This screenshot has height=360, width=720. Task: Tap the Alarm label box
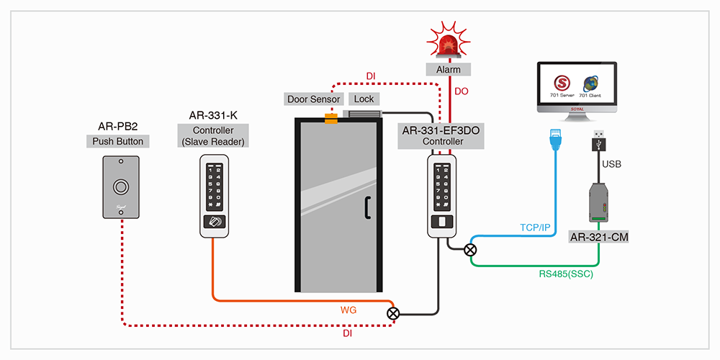pos(448,70)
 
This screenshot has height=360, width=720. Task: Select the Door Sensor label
pos(314,99)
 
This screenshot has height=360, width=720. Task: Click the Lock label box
pos(363,99)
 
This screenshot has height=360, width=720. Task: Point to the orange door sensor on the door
pos(330,117)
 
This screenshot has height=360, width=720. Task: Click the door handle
pos(367,207)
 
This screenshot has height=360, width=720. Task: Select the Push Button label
pos(118,141)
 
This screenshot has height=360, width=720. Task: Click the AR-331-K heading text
pos(213,115)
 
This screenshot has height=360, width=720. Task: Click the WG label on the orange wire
pos(349,310)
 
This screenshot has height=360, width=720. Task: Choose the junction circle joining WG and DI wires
pos(393,313)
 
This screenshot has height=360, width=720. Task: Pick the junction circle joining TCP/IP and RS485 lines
pos(470,250)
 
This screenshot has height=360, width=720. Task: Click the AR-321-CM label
pos(596,236)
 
